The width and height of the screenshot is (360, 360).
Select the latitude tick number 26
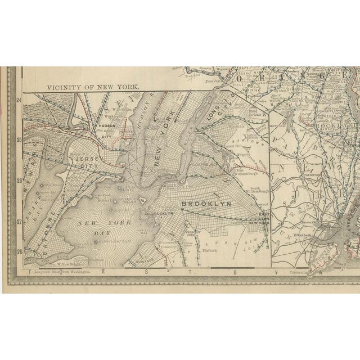(19, 181)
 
